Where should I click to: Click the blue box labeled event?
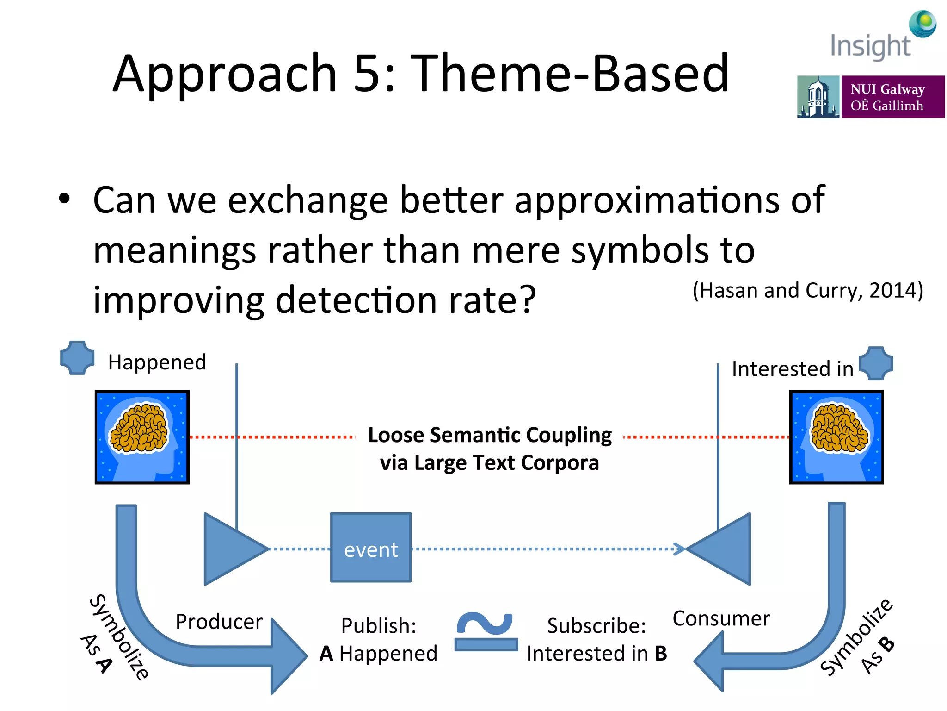coord(371,548)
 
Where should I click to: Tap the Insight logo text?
coord(870,46)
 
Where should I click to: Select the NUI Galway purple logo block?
coord(892,97)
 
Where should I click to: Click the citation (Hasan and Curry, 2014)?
coord(807,291)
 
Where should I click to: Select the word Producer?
coord(219,622)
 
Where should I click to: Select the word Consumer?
coord(721,618)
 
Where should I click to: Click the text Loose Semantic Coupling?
coord(489,435)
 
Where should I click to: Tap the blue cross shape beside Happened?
coord(77,358)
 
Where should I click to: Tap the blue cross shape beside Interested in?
coord(876,363)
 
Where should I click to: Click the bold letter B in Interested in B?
coord(661,654)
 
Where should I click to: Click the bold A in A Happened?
coord(326,654)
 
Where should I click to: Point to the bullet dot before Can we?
coord(64,199)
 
